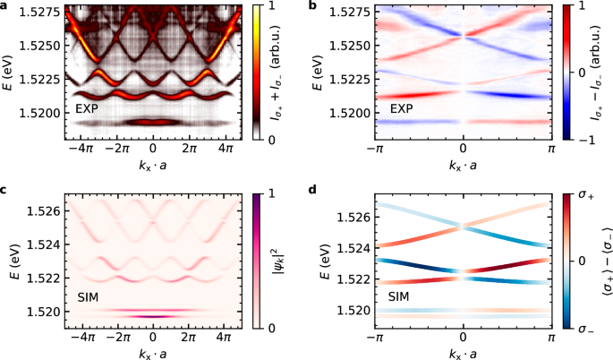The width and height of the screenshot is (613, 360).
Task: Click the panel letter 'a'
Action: coord(5,7)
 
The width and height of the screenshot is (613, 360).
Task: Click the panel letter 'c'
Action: coord(5,188)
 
